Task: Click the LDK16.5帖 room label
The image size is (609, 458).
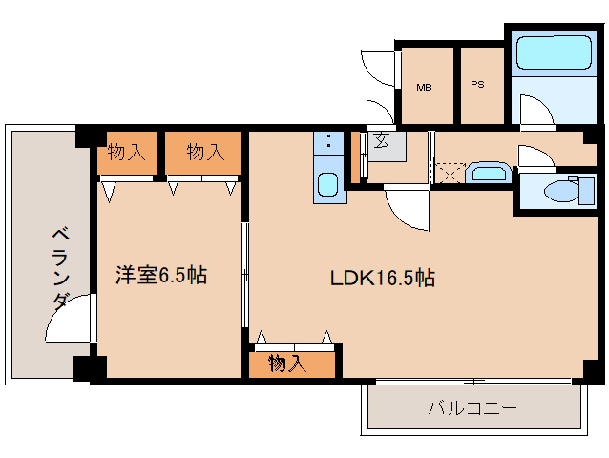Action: click(383, 278)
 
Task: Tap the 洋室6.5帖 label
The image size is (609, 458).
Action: click(161, 275)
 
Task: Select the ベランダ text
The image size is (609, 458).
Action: click(61, 269)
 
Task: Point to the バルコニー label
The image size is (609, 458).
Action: click(472, 408)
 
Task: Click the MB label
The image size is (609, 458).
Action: click(424, 88)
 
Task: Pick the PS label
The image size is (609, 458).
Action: click(477, 84)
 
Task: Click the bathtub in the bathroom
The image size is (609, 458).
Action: click(555, 52)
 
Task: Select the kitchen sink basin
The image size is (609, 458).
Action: click(328, 184)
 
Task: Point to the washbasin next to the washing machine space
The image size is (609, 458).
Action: click(489, 173)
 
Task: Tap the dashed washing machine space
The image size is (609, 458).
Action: click(450, 173)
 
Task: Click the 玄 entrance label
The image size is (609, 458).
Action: click(381, 141)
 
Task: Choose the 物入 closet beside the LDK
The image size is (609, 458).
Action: click(291, 364)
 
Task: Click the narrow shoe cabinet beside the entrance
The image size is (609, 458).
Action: click(355, 157)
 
